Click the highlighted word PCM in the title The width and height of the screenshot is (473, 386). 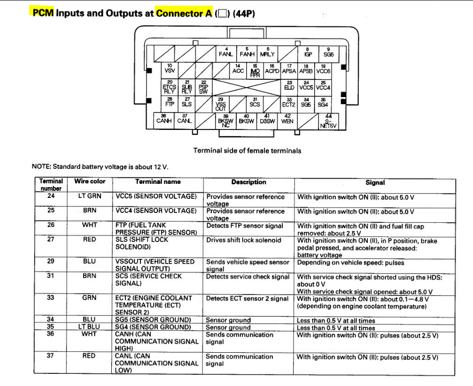pyautogui.click(x=43, y=13)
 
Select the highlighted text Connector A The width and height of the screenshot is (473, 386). pyautogui.click(x=184, y=13)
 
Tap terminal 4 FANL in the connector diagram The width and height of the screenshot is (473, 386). pyautogui.click(x=225, y=52)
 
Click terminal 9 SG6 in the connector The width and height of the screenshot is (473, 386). pyautogui.click(x=328, y=52)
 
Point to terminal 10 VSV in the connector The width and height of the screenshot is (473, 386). pyautogui.click(x=170, y=68)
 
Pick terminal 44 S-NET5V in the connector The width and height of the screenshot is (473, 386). pyautogui.click(x=328, y=121)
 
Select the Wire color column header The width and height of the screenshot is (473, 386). pyautogui.click(x=90, y=182)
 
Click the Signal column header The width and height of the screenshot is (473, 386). pyautogui.click(x=375, y=182)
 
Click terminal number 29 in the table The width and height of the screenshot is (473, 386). pyautogui.click(x=51, y=261)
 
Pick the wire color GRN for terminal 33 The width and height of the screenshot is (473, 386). pyautogui.click(x=90, y=297)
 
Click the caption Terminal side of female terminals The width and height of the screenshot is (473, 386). pyautogui.click(x=247, y=151)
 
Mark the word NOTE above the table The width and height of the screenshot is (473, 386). pyautogui.click(x=41, y=167)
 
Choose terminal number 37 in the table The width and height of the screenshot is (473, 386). pyautogui.click(x=51, y=356)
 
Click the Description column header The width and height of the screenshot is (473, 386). pyautogui.click(x=248, y=182)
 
